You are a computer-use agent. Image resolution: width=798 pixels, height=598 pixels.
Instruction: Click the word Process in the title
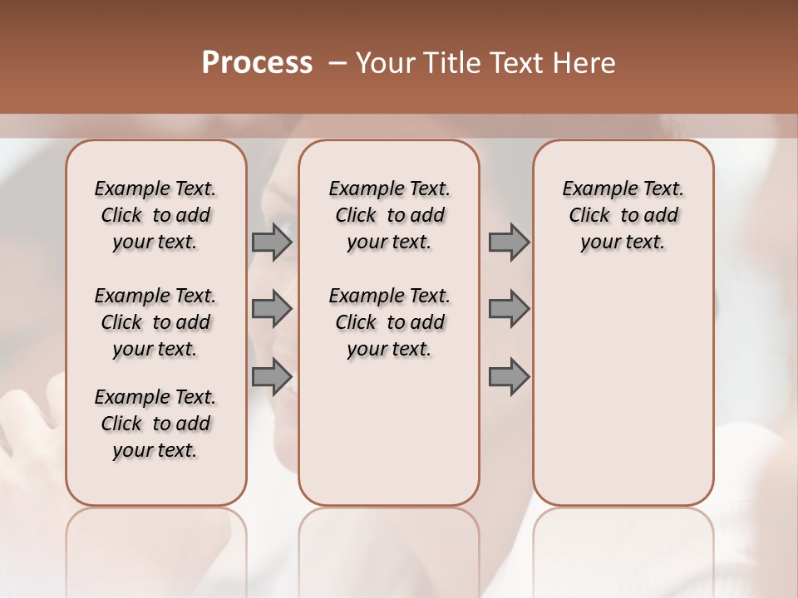pyautogui.click(x=257, y=63)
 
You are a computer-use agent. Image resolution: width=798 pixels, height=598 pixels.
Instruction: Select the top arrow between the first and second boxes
pyautogui.click(x=272, y=242)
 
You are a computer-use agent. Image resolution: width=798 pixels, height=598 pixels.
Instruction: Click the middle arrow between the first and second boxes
pyautogui.click(x=272, y=309)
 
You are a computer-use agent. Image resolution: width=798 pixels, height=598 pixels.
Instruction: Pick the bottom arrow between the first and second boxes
pyautogui.click(x=272, y=376)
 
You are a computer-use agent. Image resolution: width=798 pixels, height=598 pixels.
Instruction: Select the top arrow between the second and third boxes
pyautogui.click(x=509, y=242)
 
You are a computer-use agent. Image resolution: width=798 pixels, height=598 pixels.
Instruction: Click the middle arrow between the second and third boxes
pyautogui.click(x=509, y=309)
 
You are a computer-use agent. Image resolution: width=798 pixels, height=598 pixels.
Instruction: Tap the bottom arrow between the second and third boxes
pyautogui.click(x=509, y=376)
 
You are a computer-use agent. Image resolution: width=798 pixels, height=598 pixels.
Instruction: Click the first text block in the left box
pyautogui.click(x=155, y=215)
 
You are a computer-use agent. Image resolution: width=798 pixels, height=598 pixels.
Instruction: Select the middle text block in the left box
pyautogui.click(x=155, y=322)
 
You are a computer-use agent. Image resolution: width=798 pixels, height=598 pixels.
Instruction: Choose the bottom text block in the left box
pyautogui.click(x=155, y=424)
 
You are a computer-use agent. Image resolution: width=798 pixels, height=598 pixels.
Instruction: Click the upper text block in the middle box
pyautogui.click(x=389, y=215)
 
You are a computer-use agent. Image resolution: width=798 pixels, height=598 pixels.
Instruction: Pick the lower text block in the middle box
pyautogui.click(x=389, y=322)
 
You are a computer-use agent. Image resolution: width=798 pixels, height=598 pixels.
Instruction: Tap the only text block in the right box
pyautogui.click(x=623, y=215)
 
